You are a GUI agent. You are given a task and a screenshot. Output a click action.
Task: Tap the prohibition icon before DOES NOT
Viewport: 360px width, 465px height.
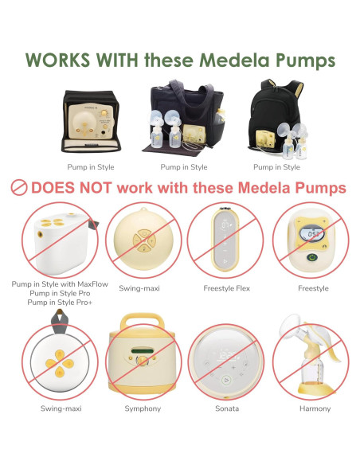click(18, 189)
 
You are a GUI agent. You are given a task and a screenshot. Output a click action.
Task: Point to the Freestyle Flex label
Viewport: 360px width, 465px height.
click(226, 288)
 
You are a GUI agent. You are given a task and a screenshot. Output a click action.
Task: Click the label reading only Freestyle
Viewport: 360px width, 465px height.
click(312, 288)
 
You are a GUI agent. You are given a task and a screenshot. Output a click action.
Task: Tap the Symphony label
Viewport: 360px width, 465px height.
click(143, 408)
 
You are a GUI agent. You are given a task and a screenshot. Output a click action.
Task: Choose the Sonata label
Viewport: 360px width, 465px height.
click(226, 408)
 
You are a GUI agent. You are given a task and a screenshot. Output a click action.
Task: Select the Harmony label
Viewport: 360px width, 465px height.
click(312, 408)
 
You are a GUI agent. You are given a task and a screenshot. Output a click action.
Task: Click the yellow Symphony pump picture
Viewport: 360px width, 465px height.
click(143, 355)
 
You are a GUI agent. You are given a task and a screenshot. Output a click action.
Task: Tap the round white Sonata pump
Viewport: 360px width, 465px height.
click(226, 358)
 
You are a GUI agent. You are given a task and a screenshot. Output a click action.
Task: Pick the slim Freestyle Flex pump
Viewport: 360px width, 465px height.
click(226, 239)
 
